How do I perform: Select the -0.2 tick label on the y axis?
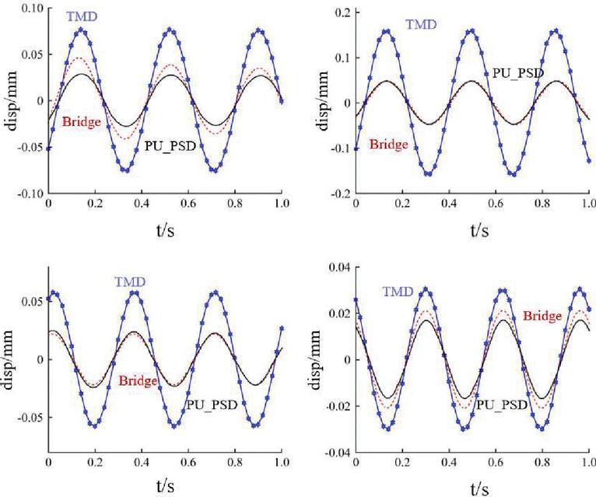[x=338, y=193]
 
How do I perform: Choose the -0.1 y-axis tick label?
[x=338, y=148]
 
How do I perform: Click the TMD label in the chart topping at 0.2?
[x=421, y=25]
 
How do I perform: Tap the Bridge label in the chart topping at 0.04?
[x=542, y=316]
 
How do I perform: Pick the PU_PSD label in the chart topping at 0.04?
[x=503, y=405]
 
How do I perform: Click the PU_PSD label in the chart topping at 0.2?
[x=517, y=73]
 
